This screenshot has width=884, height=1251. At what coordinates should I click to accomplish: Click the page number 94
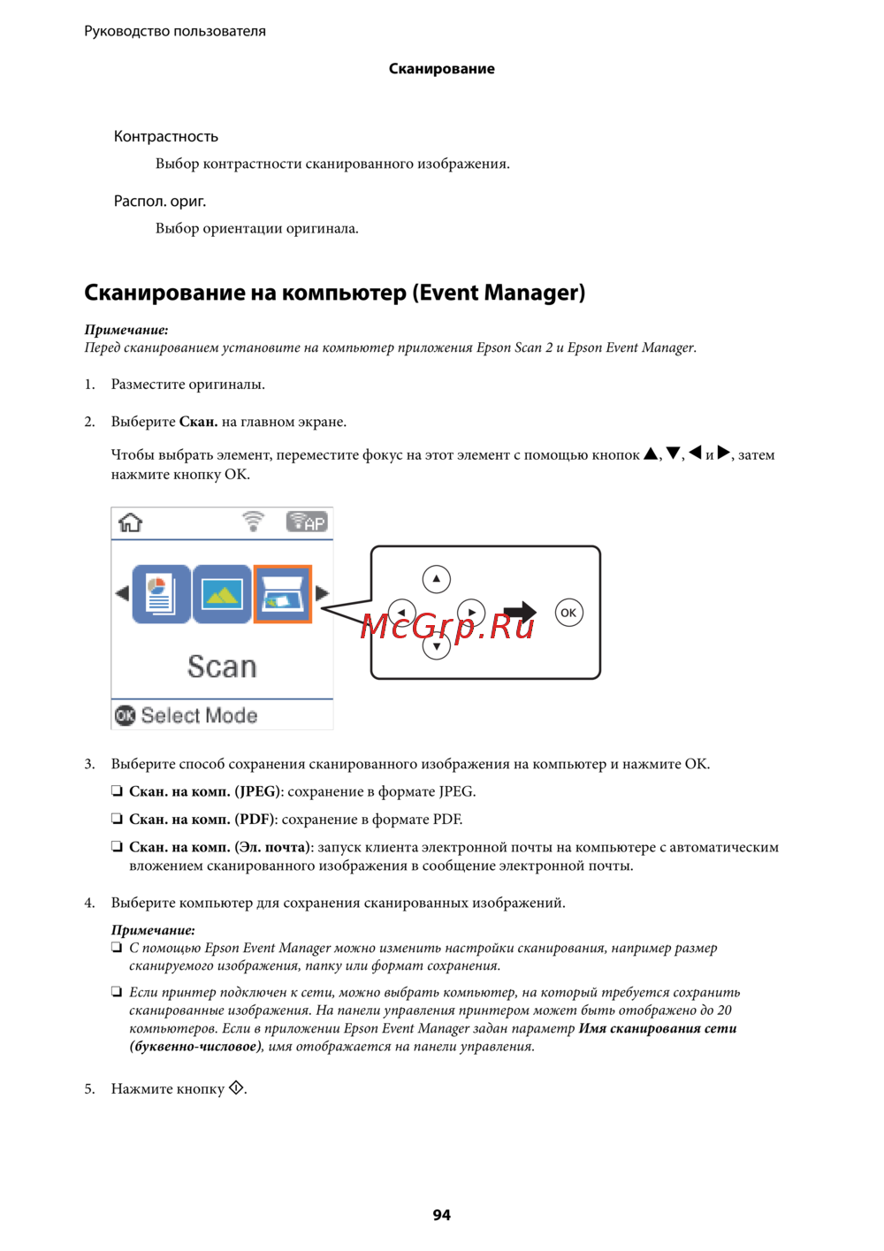pyautogui.click(x=441, y=1215)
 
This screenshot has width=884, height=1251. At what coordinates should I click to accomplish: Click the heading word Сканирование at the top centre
pyautogui.click(x=441, y=69)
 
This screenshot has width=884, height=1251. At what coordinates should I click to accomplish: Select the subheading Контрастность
pyautogui.click(x=165, y=136)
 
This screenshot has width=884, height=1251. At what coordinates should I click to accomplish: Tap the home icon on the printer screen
pyautogui.click(x=130, y=523)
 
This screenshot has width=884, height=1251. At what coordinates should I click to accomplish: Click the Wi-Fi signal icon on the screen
pyautogui.click(x=253, y=521)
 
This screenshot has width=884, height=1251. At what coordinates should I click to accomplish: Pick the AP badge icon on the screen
pyautogui.click(x=306, y=522)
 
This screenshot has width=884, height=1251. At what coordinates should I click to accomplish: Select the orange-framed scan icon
pyautogui.click(x=283, y=594)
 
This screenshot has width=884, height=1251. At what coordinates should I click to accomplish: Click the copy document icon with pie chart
pyautogui.click(x=161, y=594)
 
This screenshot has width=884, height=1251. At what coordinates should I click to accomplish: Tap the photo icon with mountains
pyautogui.click(x=222, y=594)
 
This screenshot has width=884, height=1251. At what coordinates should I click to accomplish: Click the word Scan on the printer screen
pyautogui.click(x=222, y=667)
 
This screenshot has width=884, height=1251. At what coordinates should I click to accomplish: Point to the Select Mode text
pyautogui.click(x=199, y=715)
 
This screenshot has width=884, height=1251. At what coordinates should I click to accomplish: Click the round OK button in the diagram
pyautogui.click(x=568, y=613)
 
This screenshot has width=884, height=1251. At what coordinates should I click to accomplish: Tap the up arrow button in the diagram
pyautogui.click(x=437, y=579)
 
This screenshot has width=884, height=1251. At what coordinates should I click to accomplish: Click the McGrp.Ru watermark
pyautogui.click(x=448, y=626)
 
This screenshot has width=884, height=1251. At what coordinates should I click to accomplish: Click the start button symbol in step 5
pyautogui.click(x=236, y=1088)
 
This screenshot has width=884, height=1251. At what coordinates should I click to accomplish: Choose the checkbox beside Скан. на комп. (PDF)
pyautogui.click(x=117, y=820)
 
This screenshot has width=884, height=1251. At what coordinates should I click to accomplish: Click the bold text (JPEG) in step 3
pyautogui.click(x=257, y=791)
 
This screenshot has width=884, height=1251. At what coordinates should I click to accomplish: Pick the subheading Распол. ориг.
pyautogui.click(x=160, y=201)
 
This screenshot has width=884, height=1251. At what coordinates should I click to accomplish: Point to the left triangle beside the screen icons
pyautogui.click(x=122, y=593)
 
